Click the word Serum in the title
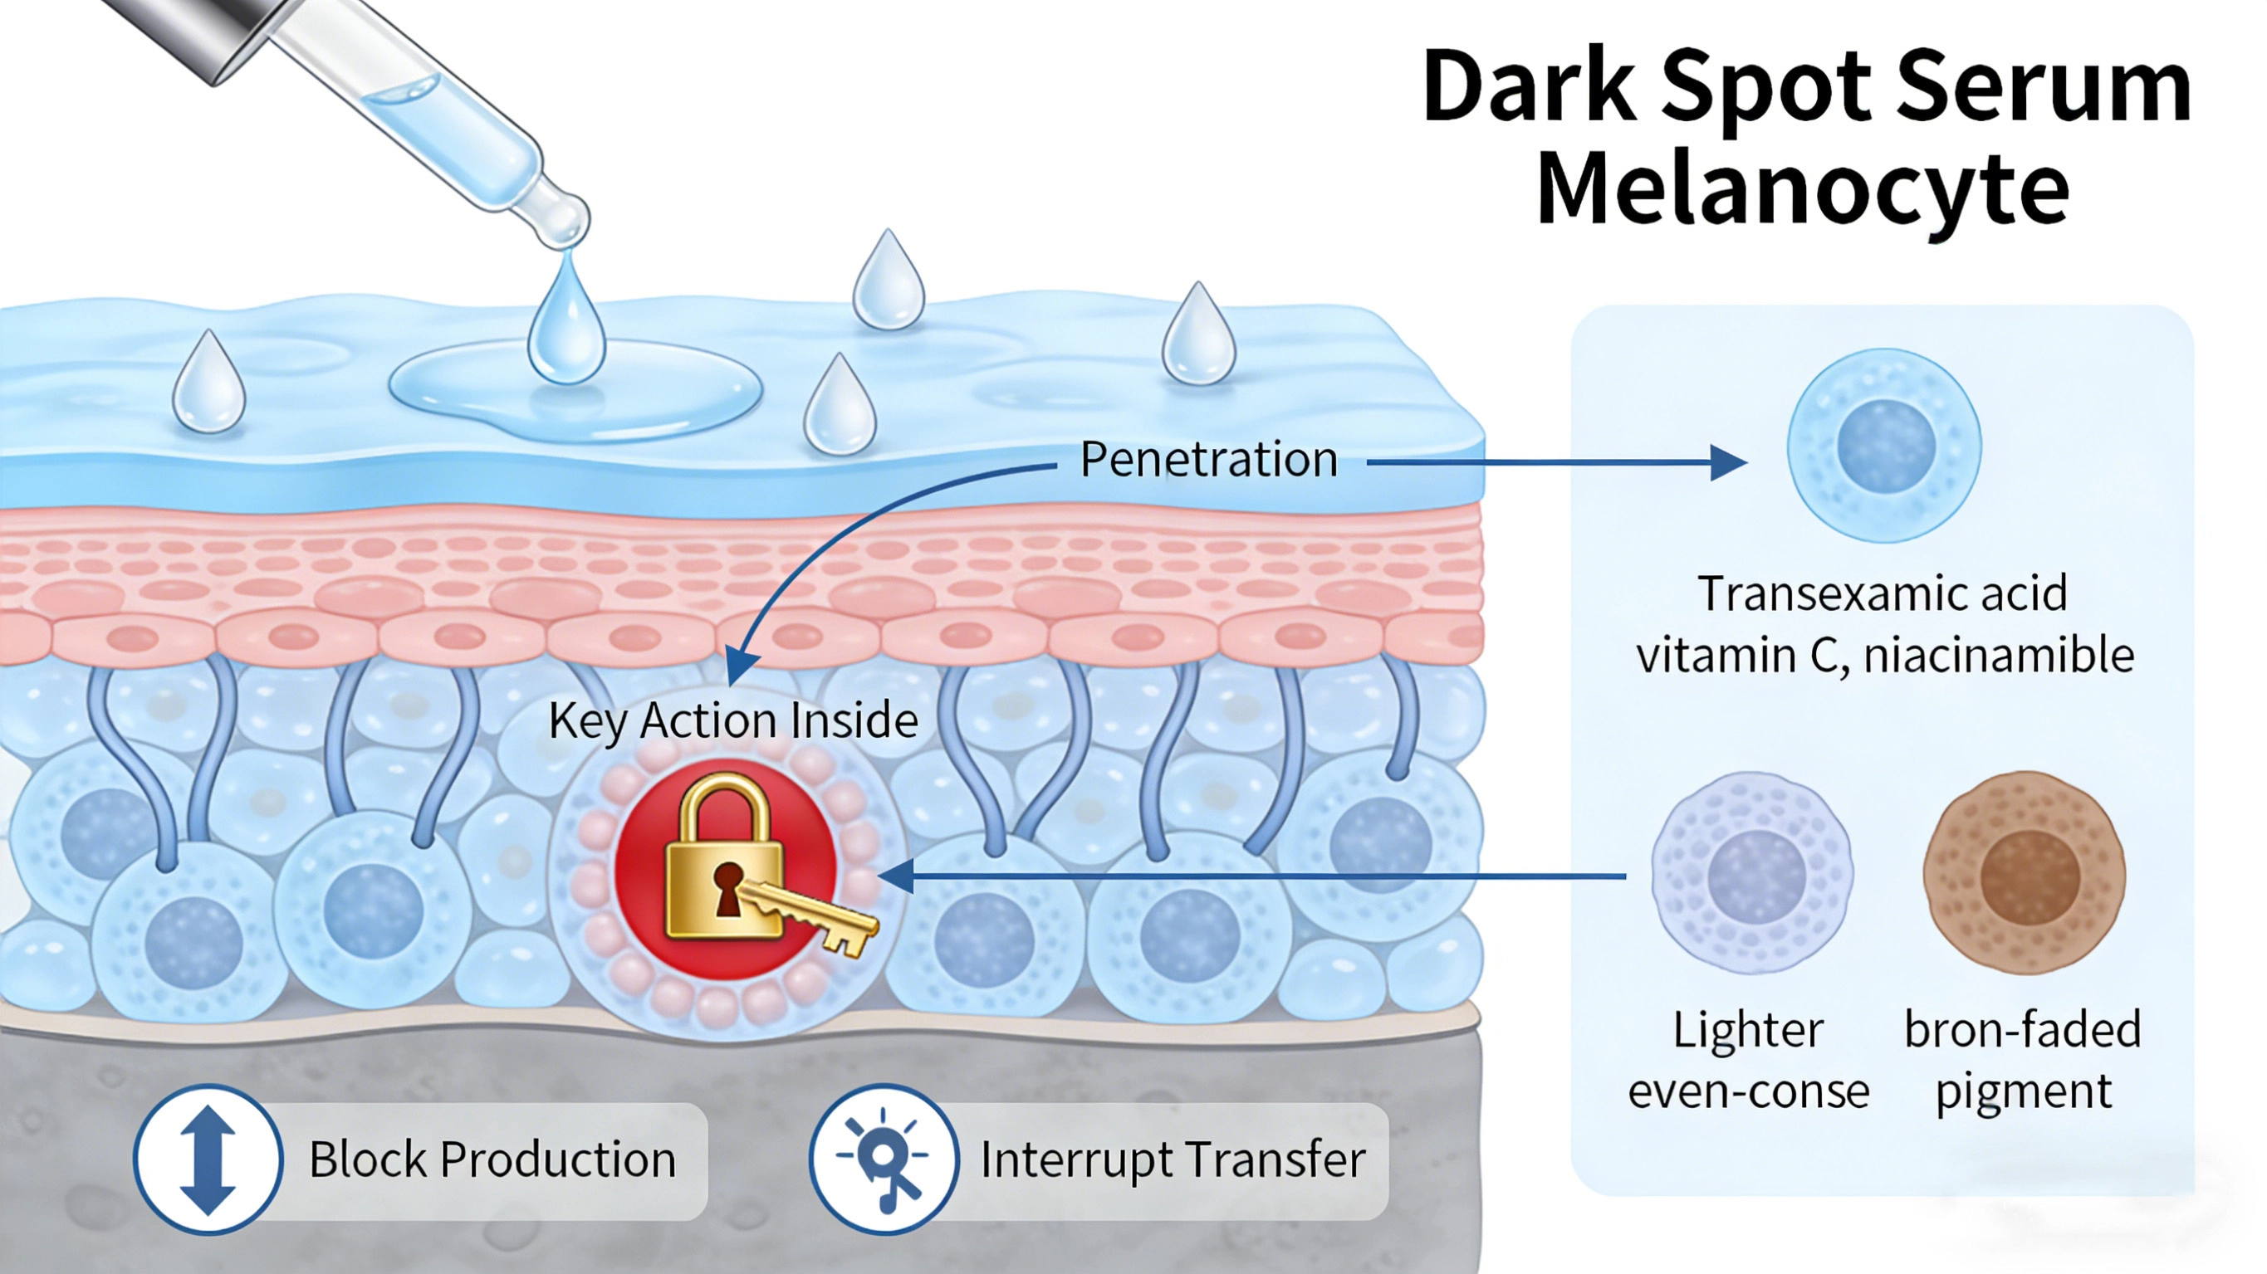coord(2042,88)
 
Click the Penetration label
coord(1208,459)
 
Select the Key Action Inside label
coord(733,720)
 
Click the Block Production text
coord(492,1159)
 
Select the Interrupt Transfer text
coord(1173,1159)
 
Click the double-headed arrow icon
coord(208,1159)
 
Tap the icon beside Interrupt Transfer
coord(884,1159)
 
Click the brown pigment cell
coord(2025,873)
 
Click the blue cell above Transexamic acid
coord(1883,445)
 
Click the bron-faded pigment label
coord(2022,1060)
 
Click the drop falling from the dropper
coord(566,325)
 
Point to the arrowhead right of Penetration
coord(1727,462)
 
